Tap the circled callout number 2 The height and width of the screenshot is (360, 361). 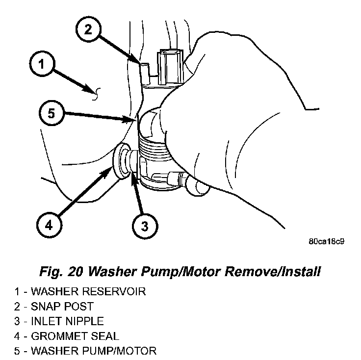click(x=88, y=29)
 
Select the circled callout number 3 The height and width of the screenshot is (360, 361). click(x=144, y=227)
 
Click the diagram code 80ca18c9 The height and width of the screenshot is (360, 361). click(x=326, y=242)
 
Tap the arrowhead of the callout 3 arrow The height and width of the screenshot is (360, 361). click(x=133, y=175)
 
